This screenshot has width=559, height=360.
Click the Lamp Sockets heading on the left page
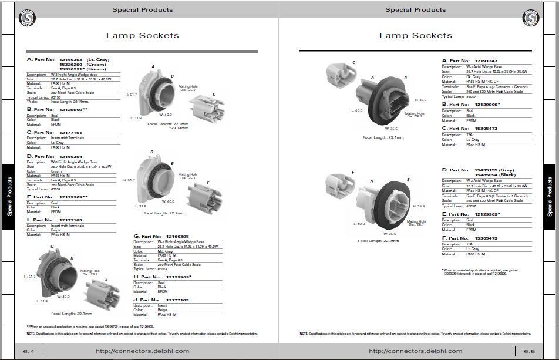click(142, 36)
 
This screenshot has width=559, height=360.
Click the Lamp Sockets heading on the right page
click(415, 36)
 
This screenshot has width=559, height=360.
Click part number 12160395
click(177, 237)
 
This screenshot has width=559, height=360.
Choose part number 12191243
click(486, 61)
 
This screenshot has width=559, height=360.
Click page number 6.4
click(29, 351)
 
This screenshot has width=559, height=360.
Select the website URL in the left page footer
click(143, 351)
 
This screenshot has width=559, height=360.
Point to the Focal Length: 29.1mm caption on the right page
click(383, 137)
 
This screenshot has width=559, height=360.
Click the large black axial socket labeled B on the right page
click(388, 100)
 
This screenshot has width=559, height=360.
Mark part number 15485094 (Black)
click(494, 175)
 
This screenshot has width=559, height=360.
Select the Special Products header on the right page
click(415, 9)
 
